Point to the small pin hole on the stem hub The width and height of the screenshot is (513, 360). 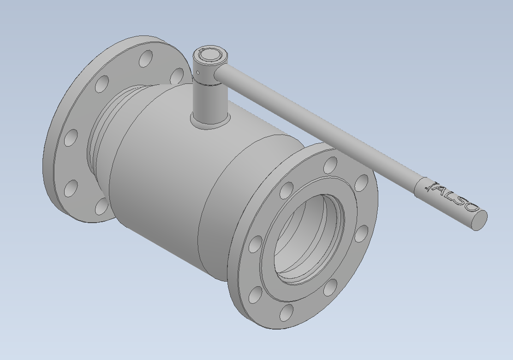[x=198, y=72]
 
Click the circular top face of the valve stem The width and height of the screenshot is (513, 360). [x=209, y=54]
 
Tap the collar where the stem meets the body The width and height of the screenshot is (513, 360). [x=210, y=120]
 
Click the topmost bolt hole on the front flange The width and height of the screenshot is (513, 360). [x=331, y=165]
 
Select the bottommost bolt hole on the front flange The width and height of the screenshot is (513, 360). [x=286, y=313]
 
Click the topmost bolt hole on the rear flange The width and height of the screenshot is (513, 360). [x=146, y=59]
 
